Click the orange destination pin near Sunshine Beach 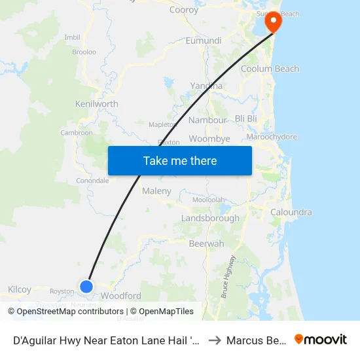pyautogui.click(x=272, y=22)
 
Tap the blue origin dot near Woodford pyautogui.click(x=86, y=286)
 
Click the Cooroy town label pyautogui.click(x=184, y=10)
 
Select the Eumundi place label pyautogui.click(x=204, y=41)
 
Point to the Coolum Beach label pyautogui.click(x=270, y=69)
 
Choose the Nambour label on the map pyautogui.click(x=207, y=120)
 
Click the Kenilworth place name pyautogui.click(x=97, y=104)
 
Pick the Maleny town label pyautogui.click(x=156, y=191)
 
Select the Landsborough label pyautogui.click(x=210, y=218)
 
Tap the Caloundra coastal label pyautogui.click(x=291, y=212)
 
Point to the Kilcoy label pyautogui.click(x=20, y=289)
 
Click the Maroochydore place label pyautogui.click(x=272, y=137)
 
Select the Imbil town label pyautogui.click(x=72, y=37)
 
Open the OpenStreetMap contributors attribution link pyautogui.click(x=70, y=312)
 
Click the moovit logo pyautogui.click(x=321, y=340)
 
